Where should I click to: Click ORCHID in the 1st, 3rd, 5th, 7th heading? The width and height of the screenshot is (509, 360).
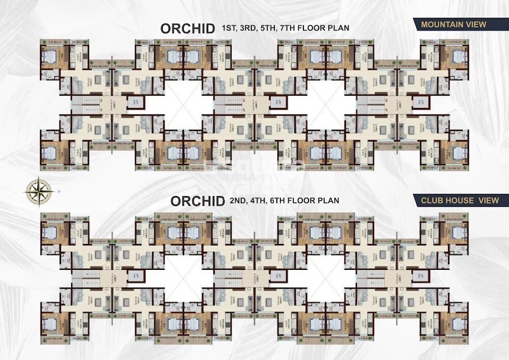pos(187,29)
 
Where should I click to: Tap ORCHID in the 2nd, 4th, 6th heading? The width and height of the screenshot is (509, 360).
pos(197,201)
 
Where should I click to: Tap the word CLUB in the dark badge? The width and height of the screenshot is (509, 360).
pos(431,201)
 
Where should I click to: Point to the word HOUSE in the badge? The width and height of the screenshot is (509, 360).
pos(458,201)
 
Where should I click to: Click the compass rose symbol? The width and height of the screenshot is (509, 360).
pos(37,190)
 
